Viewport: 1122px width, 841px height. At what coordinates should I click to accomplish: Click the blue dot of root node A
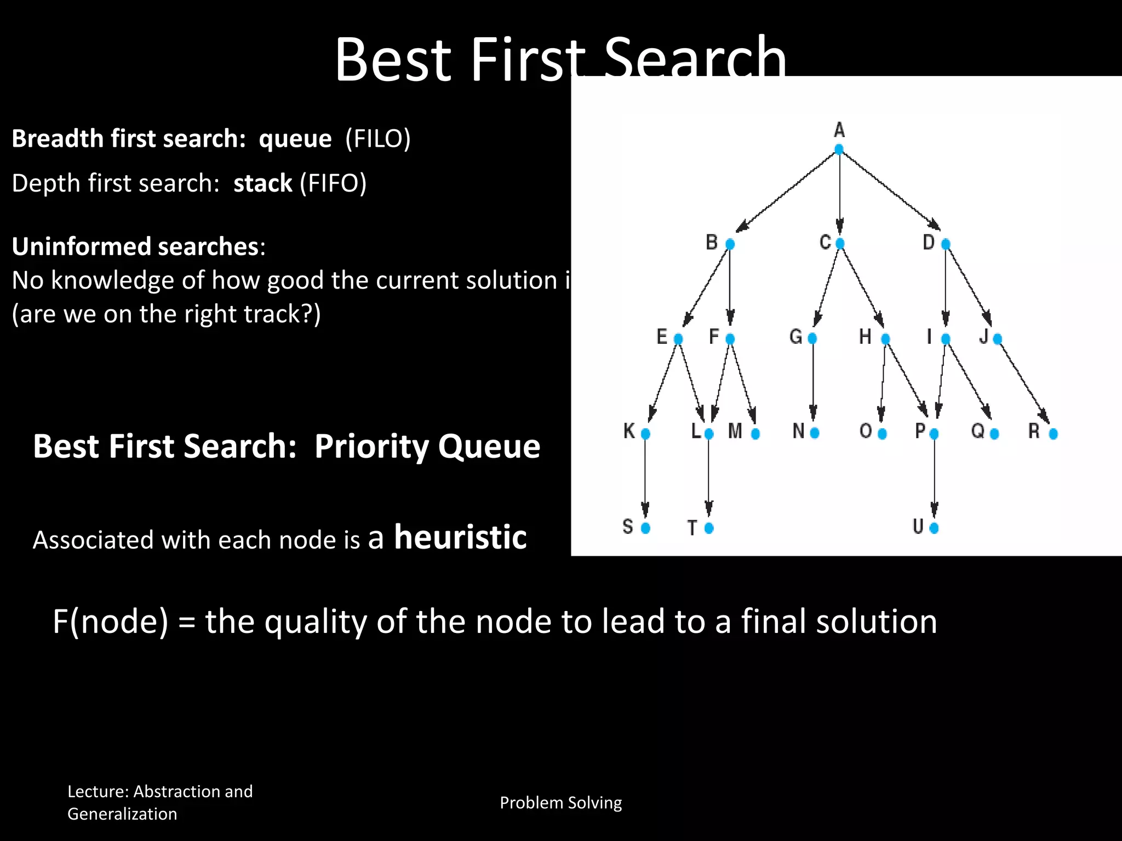point(839,149)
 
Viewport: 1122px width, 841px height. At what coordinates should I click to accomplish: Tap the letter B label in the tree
point(711,242)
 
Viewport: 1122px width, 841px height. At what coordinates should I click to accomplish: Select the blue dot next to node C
point(840,244)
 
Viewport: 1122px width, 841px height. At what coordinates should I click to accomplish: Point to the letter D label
point(929,242)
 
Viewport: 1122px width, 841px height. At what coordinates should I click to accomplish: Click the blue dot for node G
point(812,338)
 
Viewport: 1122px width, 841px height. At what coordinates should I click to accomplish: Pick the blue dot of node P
point(934,434)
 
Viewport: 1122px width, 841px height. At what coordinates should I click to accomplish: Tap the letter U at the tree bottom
point(918,527)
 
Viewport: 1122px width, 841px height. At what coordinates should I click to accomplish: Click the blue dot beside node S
point(645,528)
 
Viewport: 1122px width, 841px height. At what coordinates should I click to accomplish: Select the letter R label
point(1034,431)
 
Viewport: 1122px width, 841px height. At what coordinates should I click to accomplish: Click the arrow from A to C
point(840,192)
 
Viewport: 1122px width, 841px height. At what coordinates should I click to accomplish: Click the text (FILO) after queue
point(378,139)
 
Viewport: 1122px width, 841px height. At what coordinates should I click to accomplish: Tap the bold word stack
point(263,183)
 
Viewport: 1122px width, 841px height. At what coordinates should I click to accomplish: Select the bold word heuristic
point(460,537)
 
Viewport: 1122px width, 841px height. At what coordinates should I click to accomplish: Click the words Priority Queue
point(427,446)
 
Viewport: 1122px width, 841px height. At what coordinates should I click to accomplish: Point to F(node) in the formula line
point(110,621)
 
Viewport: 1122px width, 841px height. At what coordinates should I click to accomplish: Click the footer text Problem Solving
point(560,803)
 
